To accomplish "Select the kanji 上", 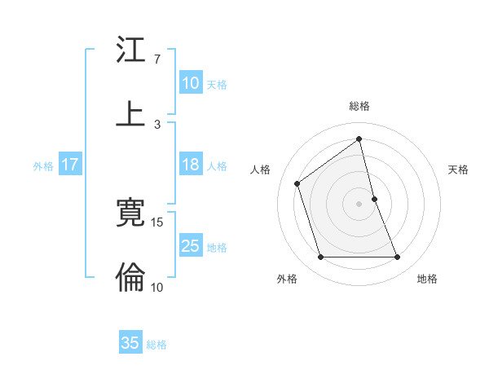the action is (x=130, y=114).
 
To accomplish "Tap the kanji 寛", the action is (x=130, y=214).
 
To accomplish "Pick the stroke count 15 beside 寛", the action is (x=157, y=222).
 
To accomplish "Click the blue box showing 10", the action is (x=190, y=83).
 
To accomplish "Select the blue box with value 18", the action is (x=190, y=165).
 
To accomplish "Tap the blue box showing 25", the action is (x=190, y=246).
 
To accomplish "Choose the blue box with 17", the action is (x=70, y=165).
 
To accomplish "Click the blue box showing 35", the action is (x=130, y=343).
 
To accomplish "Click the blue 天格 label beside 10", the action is (x=217, y=84).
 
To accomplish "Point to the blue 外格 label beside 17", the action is (x=43, y=165).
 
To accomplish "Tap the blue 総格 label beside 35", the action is (x=156, y=344).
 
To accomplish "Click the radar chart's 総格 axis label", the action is (x=359, y=106).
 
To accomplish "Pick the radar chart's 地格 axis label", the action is (x=427, y=279).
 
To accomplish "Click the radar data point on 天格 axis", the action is (x=374, y=198).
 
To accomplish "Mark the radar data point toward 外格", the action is (x=320, y=258).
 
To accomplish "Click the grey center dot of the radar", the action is (x=359, y=203).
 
